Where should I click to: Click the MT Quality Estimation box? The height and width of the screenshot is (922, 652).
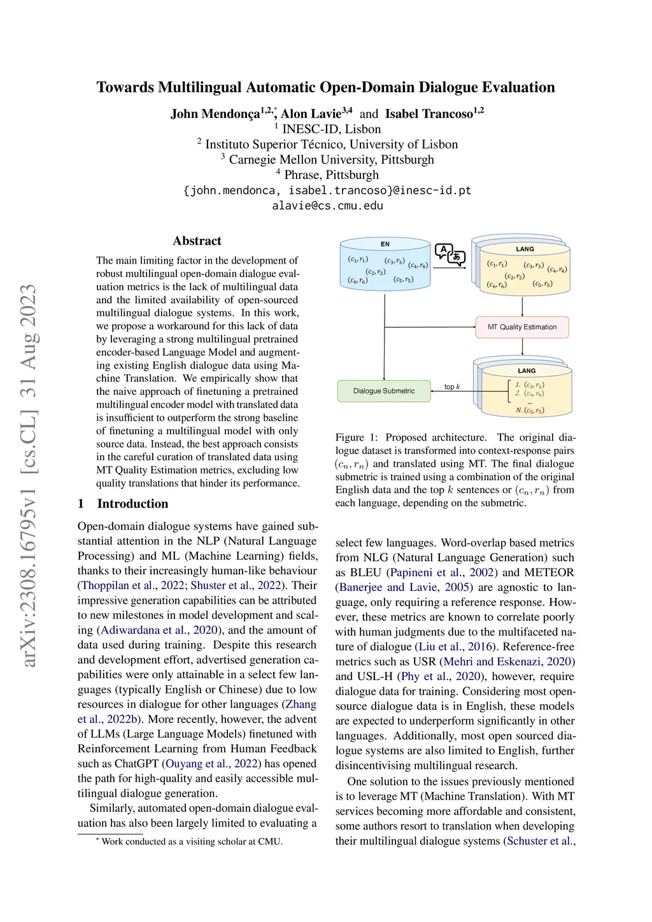coord(522,327)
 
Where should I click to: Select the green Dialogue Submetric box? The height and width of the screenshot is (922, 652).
coord(383,391)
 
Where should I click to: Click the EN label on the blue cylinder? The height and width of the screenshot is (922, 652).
coord(385,244)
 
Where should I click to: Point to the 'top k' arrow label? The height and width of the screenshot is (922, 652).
coord(452,387)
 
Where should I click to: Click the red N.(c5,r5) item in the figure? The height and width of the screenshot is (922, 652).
coord(530,411)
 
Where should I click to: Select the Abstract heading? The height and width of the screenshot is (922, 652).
coord(197,241)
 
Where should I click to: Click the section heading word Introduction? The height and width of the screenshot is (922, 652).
coord(132,504)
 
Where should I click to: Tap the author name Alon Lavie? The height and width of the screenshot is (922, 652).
coord(311,114)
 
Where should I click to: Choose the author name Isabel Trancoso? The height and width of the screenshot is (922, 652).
coord(429,114)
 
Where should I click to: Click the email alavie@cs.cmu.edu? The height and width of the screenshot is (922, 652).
coord(327,205)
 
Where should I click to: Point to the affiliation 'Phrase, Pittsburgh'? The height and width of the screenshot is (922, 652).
coord(331,174)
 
